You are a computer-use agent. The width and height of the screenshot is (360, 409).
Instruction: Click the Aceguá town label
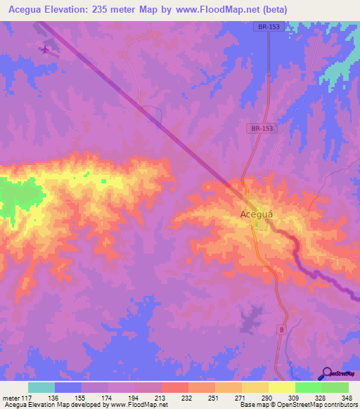pyautogui.click(x=257, y=214)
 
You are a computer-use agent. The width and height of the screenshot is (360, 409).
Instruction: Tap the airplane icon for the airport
pyautogui.click(x=46, y=49)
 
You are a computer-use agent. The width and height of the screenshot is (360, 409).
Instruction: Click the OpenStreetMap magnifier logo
pyautogui.click(x=327, y=374)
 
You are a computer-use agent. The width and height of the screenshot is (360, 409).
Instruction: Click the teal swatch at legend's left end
pyautogui.click(x=41, y=387)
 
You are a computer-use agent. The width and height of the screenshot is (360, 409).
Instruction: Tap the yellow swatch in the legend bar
pyautogui.click(x=281, y=387)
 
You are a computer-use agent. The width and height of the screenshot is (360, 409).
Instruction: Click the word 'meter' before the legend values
pyautogui.click(x=13, y=398)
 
